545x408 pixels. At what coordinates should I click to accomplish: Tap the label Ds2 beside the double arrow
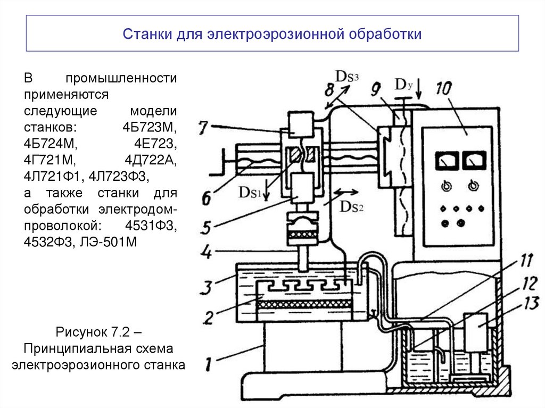pos(353,207)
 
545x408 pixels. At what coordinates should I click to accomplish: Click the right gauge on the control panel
pos(473,160)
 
